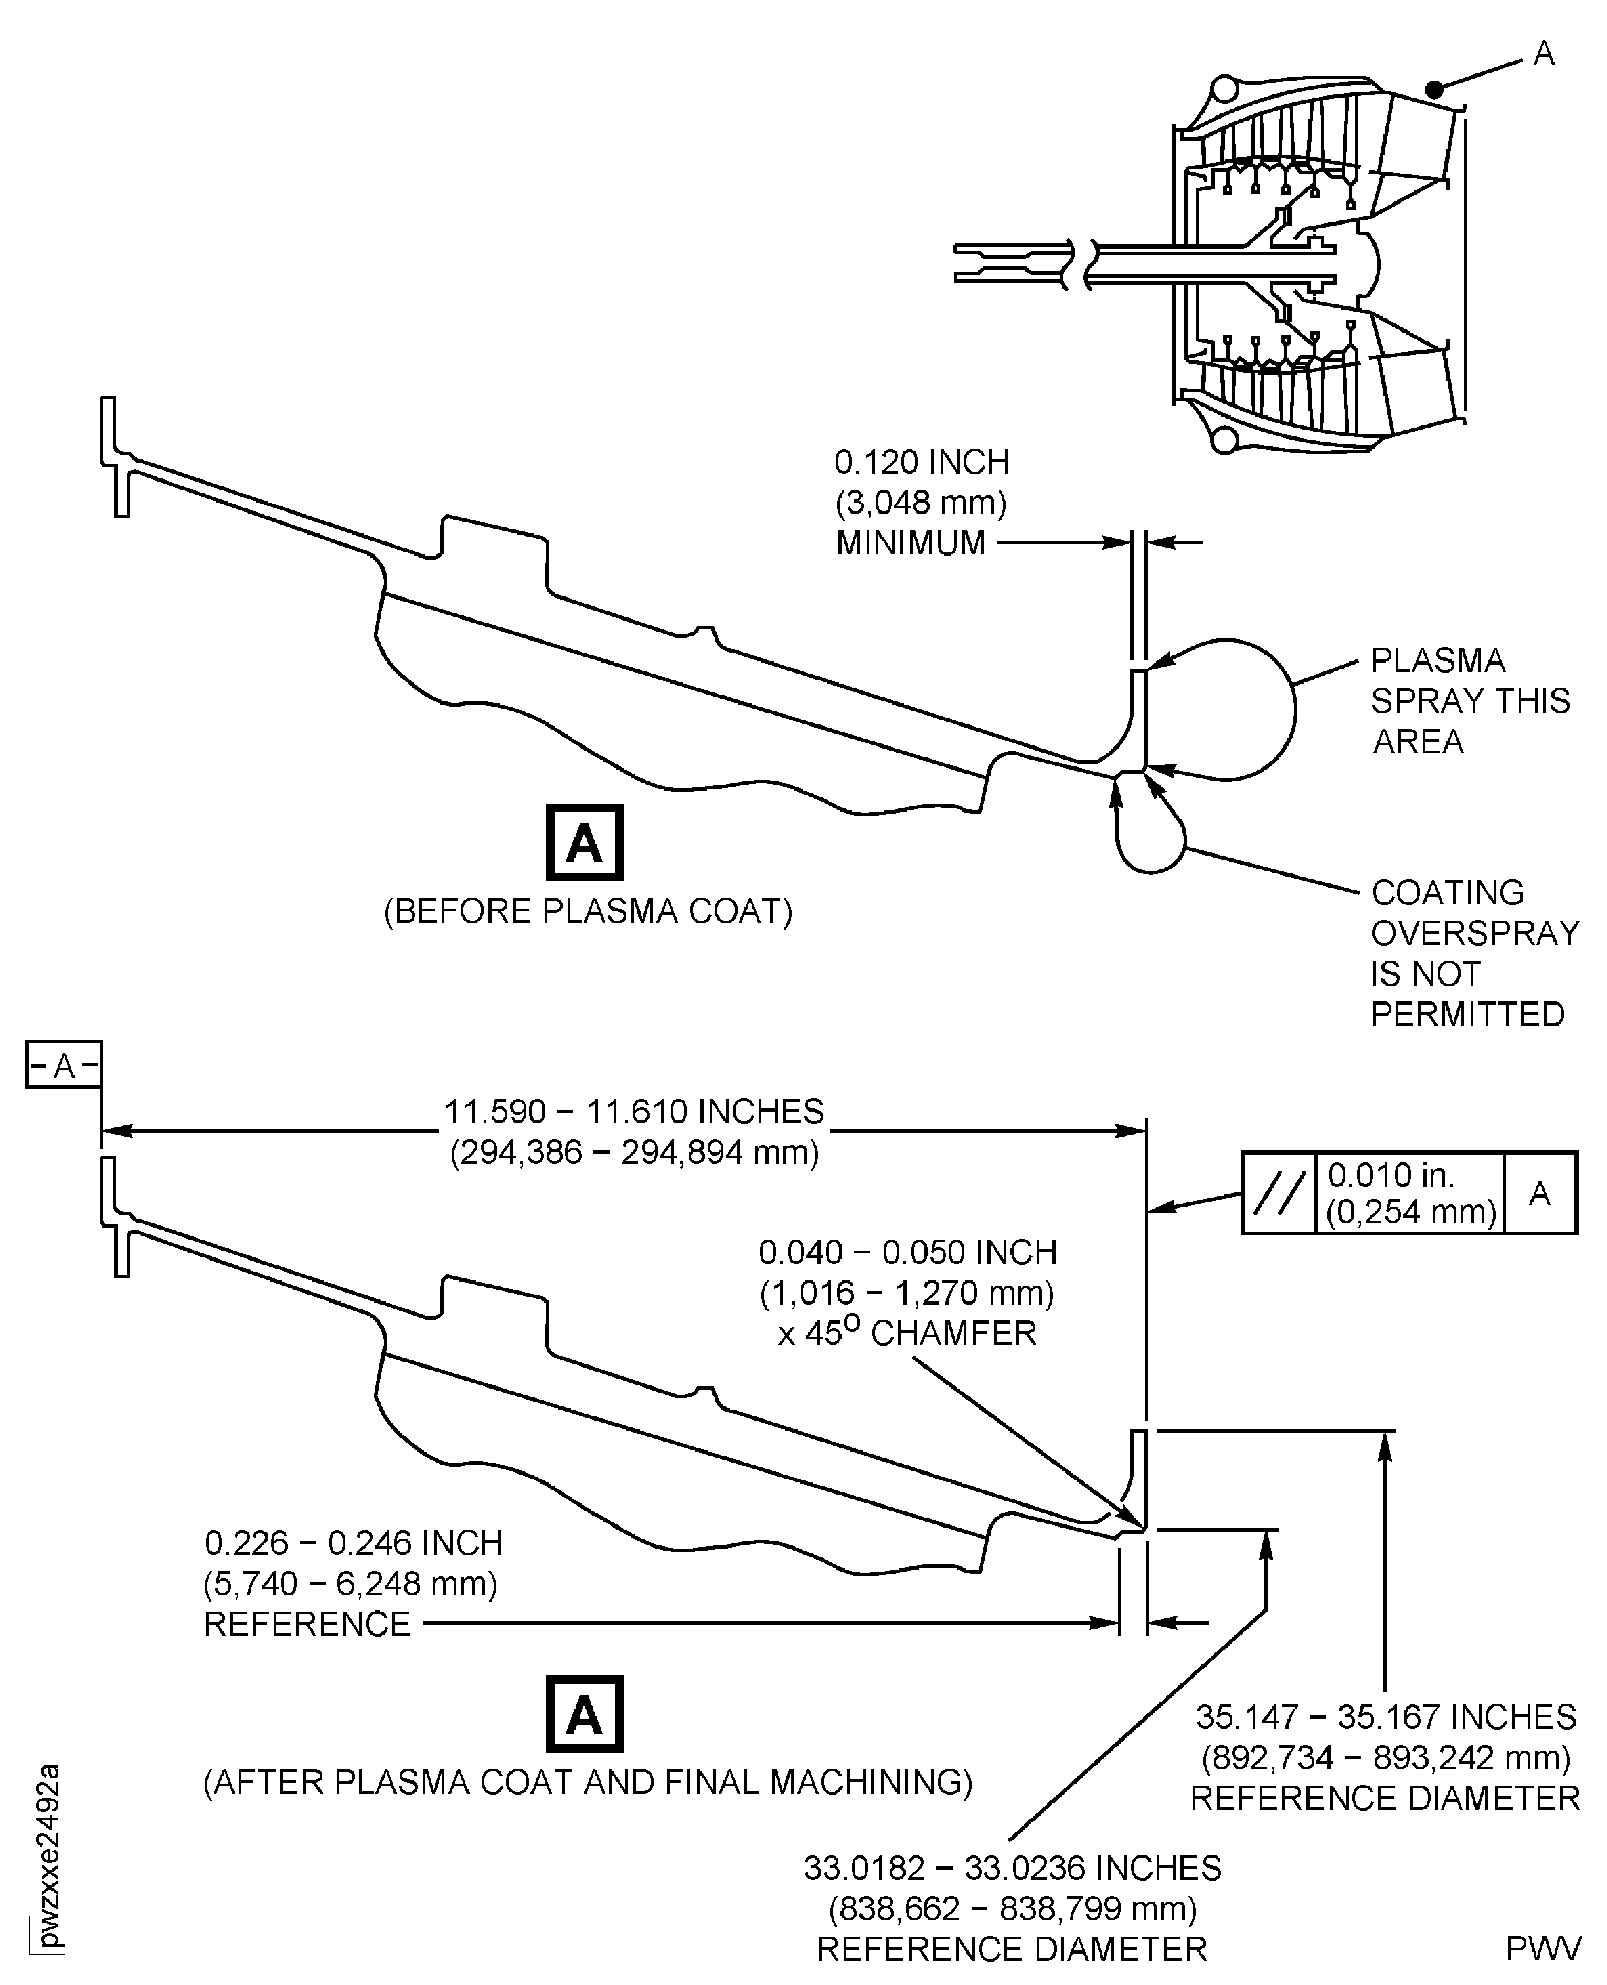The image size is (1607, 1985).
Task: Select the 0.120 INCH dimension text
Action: [921, 462]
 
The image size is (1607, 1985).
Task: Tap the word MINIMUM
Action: [911, 543]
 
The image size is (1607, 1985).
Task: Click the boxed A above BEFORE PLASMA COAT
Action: [584, 842]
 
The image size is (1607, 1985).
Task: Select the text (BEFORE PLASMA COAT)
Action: [588, 912]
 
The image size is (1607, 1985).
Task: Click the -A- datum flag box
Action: [63, 1066]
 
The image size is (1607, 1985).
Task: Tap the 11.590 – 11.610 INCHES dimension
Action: [634, 1112]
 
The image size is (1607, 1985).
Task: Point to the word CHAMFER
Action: [953, 1333]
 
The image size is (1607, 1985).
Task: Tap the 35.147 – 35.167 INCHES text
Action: [1385, 1716]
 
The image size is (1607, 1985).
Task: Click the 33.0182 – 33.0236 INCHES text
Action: [1012, 1869]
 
